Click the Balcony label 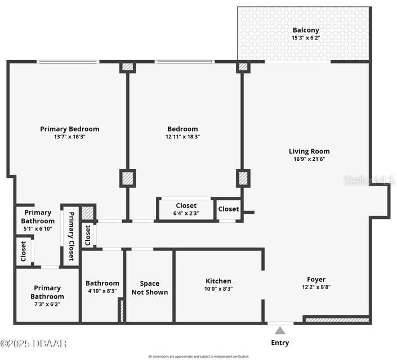click(x=305, y=30)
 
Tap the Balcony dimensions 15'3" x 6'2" click(x=305, y=38)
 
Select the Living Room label click(x=309, y=151)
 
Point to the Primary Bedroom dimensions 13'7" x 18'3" click(x=69, y=137)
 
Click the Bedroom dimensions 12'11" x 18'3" click(x=182, y=137)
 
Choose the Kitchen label click(x=218, y=281)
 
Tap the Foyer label click(x=316, y=279)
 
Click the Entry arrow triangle click(x=280, y=331)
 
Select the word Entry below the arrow click(x=280, y=343)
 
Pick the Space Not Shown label click(x=149, y=287)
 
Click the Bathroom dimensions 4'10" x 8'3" click(x=102, y=291)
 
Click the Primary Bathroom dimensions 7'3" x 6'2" click(x=47, y=304)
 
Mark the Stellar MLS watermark click(x=368, y=180)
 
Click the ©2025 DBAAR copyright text click(x=34, y=343)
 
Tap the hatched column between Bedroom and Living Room click(x=243, y=179)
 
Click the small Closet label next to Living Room click(x=229, y=209)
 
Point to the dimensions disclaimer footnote click(x=198, y=356)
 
